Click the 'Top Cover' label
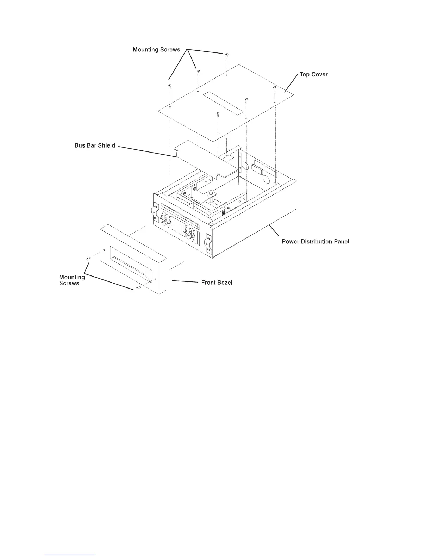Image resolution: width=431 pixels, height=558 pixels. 313,75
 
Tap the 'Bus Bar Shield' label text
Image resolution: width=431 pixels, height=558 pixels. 95,145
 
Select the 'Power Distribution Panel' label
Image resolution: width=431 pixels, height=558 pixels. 316,242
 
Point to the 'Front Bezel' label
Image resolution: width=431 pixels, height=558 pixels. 217,283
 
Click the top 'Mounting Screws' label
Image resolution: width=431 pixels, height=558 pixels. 156,50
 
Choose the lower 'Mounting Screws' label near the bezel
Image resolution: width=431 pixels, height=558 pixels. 72,280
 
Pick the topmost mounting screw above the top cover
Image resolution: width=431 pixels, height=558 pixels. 226,55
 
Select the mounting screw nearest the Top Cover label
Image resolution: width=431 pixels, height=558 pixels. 274,88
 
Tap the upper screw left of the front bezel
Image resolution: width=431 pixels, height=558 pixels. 88,259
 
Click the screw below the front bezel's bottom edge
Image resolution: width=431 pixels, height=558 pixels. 138,289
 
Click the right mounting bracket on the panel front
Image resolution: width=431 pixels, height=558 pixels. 208,243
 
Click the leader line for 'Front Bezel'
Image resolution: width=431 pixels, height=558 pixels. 185,282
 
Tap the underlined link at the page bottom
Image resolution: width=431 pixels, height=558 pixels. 70,556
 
